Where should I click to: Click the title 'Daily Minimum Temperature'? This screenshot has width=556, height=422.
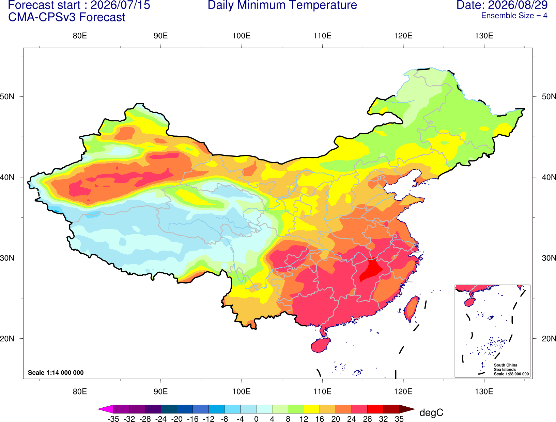tap(282, 5)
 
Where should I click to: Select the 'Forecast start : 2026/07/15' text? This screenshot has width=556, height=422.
tap(79, 5)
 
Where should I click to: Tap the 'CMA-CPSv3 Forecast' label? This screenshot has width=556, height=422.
tap(67, 17)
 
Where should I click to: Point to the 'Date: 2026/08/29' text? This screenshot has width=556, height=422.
tap(502, 5)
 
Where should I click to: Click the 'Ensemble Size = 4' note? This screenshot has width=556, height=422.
tap(514, 16)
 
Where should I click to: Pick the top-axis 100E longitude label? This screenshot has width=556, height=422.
tap(242, 36)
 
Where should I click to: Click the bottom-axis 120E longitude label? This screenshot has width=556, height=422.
tap(403, 391)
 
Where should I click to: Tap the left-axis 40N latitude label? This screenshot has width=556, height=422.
tap(7, 177)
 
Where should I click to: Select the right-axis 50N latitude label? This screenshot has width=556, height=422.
tap(549, 96)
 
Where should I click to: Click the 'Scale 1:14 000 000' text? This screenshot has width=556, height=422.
tap(56, 372)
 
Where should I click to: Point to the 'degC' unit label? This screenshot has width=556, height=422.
tap(431, 412)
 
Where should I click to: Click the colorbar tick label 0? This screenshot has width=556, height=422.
tap(256, 419)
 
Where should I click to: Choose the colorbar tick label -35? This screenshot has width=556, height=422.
tap(113, 419)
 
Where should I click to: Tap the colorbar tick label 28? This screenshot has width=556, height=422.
tap(368, 419)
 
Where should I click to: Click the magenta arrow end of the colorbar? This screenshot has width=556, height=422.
tap(105, 409)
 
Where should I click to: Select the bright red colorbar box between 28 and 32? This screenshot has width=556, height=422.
tap(375, 409)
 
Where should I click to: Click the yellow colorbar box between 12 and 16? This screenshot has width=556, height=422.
tap(312, 409)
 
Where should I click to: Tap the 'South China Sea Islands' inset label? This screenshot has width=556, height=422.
tap(505, 367)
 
